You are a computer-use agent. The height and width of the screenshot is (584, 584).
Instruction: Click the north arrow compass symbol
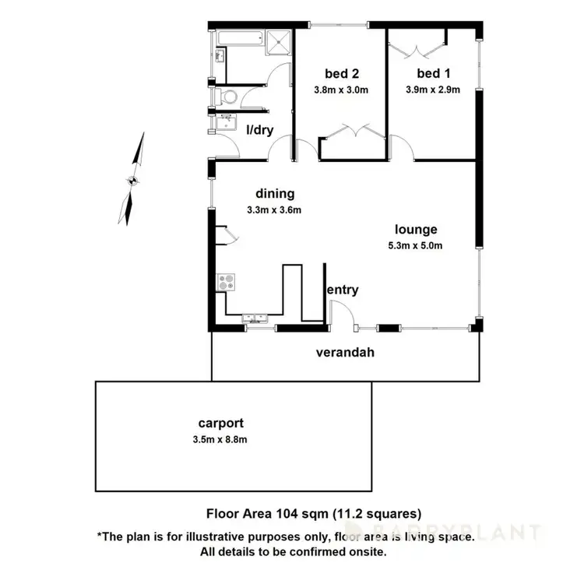click(134, 180)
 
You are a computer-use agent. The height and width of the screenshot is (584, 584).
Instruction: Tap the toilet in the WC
click(228, 97)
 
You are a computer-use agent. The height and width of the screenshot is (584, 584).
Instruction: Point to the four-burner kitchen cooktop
click(226, 281)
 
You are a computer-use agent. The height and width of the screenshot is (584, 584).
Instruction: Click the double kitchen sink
click(255, 316)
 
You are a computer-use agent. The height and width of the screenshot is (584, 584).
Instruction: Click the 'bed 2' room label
click(341, 74)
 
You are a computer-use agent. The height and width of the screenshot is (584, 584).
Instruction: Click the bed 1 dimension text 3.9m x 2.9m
click(432, 89)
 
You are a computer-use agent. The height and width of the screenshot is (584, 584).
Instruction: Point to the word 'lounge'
click(416, 230)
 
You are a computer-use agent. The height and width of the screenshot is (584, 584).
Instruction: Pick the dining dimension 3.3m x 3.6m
click(273, 209)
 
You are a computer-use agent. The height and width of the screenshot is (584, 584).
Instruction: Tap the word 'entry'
click(343, 290)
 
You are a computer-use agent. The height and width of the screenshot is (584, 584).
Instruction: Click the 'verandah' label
click(345, 352)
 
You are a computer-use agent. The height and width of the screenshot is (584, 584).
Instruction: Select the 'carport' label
click(220, 424)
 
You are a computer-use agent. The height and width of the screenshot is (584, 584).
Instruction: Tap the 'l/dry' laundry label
click(259, 130)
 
